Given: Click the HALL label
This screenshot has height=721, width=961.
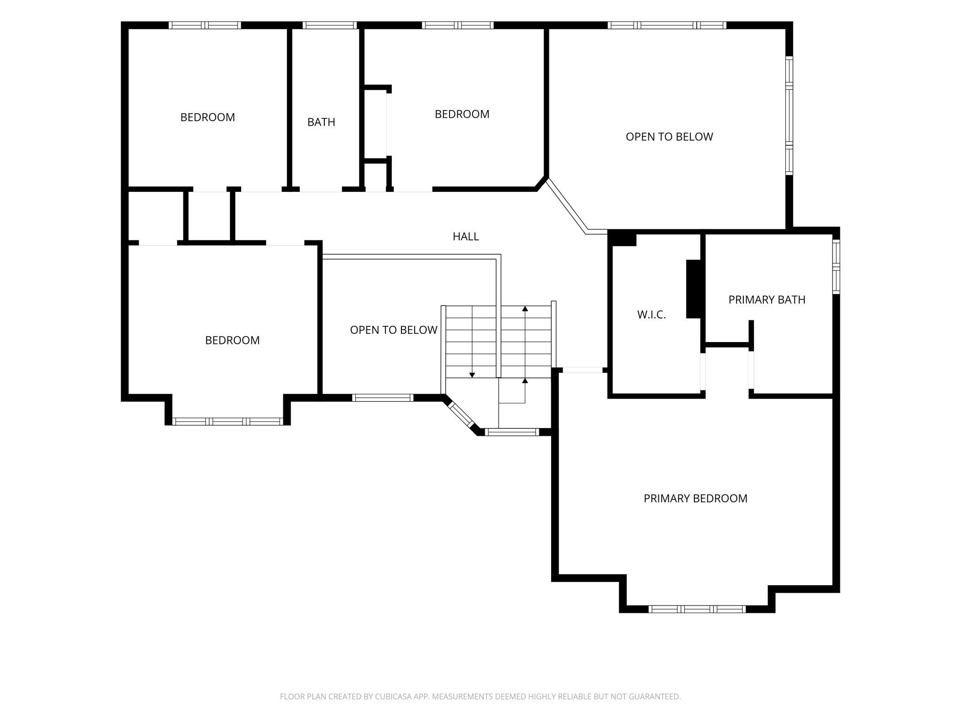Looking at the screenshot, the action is coord(465,237).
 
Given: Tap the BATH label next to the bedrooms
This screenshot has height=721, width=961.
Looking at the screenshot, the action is coord(321,122).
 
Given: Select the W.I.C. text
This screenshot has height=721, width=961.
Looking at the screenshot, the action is coord(651,315).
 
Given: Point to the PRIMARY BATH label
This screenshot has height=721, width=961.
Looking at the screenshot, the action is coord(766,299).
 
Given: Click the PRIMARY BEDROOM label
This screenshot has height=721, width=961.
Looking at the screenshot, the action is coord(695,498).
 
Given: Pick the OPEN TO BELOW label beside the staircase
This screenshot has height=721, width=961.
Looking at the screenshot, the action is coord(394,330).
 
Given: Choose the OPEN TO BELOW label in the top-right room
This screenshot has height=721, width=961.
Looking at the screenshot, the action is coord(669,137).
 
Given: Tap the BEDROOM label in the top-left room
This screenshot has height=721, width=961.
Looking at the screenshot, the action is coord(207,117).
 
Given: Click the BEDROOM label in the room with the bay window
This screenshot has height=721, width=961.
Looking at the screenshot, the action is coord(232,340).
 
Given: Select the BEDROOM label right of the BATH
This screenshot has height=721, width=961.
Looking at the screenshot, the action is coord(462,114).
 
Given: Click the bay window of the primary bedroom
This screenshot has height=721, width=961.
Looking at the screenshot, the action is coord(697,609).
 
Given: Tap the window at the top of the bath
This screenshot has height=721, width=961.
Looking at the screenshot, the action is coord(329,25).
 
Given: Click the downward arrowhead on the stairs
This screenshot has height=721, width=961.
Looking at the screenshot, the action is coord(472,375).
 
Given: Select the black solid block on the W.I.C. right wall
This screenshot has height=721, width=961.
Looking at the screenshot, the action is coord(693,289).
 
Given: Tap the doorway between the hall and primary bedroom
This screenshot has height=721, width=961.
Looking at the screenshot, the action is coord(582,370).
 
